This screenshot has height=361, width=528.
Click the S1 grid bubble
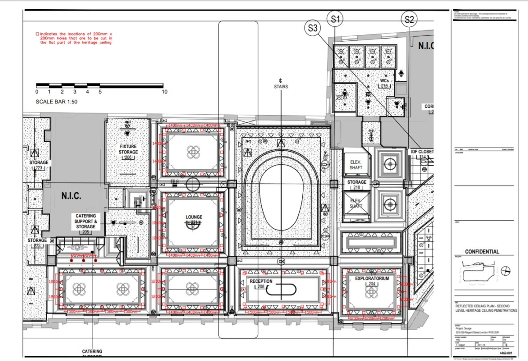[x=335, y=19]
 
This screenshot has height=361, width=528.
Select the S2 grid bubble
[x=409, y=19]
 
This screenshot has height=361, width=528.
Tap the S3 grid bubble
[x=313, y=29]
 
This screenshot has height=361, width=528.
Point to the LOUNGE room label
[x=194, y=217]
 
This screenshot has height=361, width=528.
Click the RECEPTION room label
[x=261, y=281]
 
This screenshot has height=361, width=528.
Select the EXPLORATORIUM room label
[x=372, y=278]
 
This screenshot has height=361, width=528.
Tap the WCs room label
[x=384, y=81]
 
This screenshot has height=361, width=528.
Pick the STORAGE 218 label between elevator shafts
[x=356, y=182]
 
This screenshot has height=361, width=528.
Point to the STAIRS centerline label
[x=280, y=87]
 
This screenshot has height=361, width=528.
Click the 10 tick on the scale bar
[x=164, y=92]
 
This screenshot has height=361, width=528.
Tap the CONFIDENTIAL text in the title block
[x=482, y=252]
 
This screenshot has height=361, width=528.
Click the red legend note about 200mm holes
[x=73, y=38]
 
